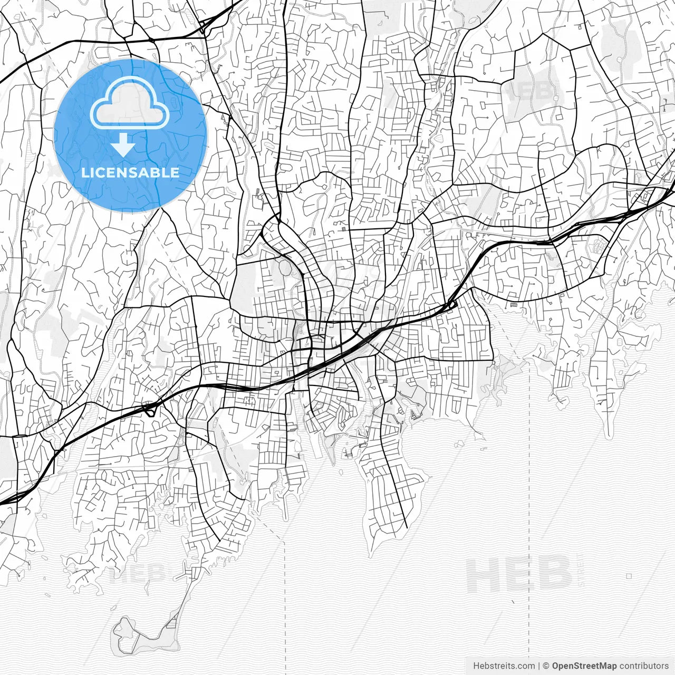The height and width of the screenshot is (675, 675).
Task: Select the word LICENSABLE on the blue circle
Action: click(130, 172)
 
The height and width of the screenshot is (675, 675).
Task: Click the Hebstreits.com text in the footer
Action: click(504, 666)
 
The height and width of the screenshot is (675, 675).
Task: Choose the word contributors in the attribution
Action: click(644, 666)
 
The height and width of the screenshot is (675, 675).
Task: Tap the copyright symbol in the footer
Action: click(546, 666)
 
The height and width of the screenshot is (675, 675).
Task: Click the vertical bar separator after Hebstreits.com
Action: click(539, 666)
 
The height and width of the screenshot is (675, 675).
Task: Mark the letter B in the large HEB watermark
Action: click(554, 575)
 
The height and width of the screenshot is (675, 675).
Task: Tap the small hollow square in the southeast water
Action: click(629, 576)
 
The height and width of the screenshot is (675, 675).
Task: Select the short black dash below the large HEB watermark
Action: click(513, 601)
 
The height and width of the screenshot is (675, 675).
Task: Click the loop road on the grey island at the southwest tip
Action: click(125, 628)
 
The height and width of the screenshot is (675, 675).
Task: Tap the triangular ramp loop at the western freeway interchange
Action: click(150, 409)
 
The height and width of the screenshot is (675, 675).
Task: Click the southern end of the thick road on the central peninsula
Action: click(406, 526)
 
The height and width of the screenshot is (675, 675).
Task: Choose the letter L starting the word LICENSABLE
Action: click(85, 172)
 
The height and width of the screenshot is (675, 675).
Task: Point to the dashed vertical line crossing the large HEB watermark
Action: click(529, 575)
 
